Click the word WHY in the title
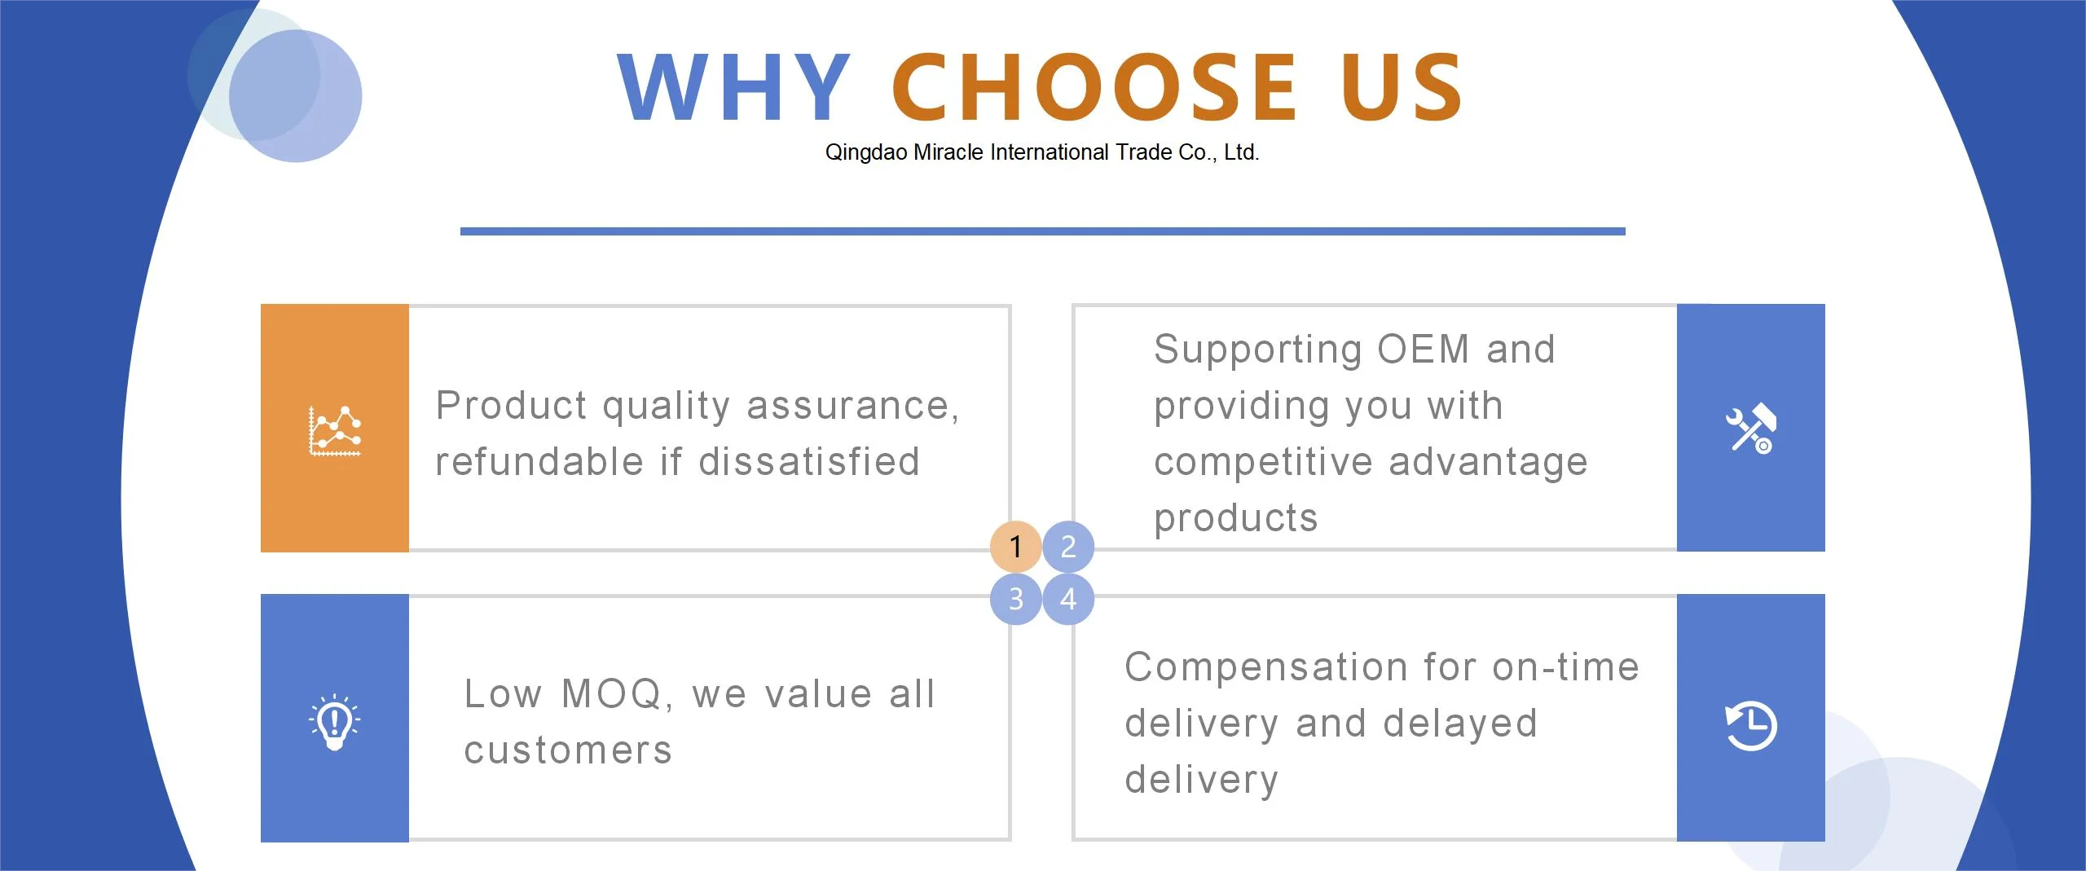[733, 86]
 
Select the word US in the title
[1402, 86]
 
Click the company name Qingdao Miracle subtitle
[1042, 152]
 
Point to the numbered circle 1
[1015, 546]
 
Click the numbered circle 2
[1068, 546]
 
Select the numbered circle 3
[1015, 599]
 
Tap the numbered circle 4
[1068, 599]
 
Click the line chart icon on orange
[334, 430]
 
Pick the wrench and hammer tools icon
[1749, 429]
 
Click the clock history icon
[1750, 724]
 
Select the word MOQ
[616, 695]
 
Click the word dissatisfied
[809, 462]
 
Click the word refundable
[540, 462]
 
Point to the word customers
[568, 751]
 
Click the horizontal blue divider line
[1042, 231]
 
